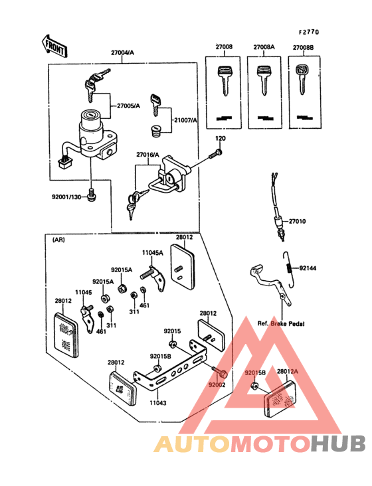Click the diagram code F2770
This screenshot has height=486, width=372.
pyautogui.click(x=308, y=31)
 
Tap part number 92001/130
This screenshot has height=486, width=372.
pyautogui.click(x=68, y=197)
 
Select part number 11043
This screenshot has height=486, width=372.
pyautogui.click(x=157, y=403)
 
